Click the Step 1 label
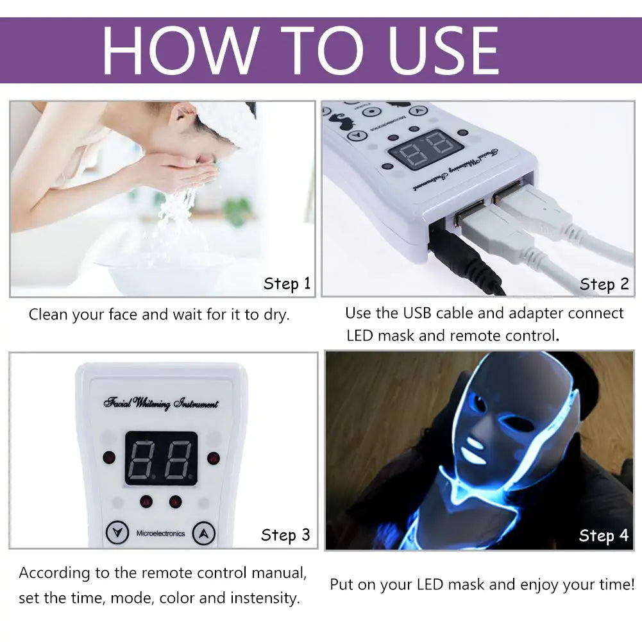pyautogui.click(x=287, y=284)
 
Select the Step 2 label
pyautogui.click(x=604, y=284)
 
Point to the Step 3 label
pyautogui.click(x=285, y=535)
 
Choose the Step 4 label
pyautogui.click(x=604, y=536)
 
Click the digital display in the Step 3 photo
pyautogui.click(x=161, y=458)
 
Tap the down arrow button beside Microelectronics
pyautogui.click(x=116, y=533)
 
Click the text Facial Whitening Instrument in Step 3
pyautogui.click(x=161, y=403)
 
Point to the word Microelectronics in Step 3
pyautogui.click(x=160, y=534)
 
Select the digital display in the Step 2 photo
pyautogui.click(x=425, y=148)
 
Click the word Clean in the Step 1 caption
pyautogui.click(x=49, y=315)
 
